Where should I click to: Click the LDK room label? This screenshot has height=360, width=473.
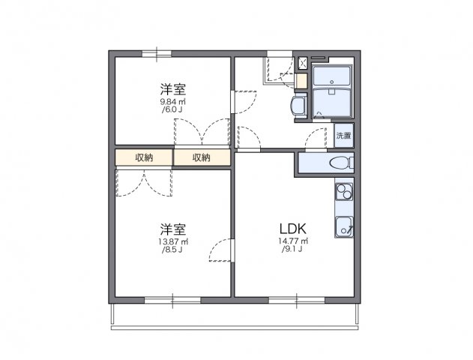coord(293,228)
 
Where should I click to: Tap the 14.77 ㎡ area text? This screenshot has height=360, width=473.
coord(293,241)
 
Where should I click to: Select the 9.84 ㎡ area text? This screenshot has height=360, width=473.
coord(172,101)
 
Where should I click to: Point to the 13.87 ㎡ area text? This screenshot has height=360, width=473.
coord(172,241)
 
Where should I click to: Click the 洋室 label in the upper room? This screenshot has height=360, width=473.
coord(172,88)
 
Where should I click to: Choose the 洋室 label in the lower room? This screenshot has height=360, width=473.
coord(172,228)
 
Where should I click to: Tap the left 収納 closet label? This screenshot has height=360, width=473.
coord(144,157)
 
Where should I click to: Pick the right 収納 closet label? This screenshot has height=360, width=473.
coord(201,157)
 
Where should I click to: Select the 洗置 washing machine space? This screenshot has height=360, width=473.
coord(343,136)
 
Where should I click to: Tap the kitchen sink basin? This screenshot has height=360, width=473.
coord(345,224)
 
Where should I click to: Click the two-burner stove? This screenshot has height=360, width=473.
coord(344,193)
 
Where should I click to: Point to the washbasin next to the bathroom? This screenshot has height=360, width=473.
coord(298,106)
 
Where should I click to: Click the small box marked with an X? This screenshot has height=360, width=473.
coord(303,63)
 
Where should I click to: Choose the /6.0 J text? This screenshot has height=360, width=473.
coord(172,110)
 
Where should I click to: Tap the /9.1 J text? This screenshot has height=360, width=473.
coord(293,250)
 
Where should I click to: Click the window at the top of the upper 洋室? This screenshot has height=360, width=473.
coord(157,52)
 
